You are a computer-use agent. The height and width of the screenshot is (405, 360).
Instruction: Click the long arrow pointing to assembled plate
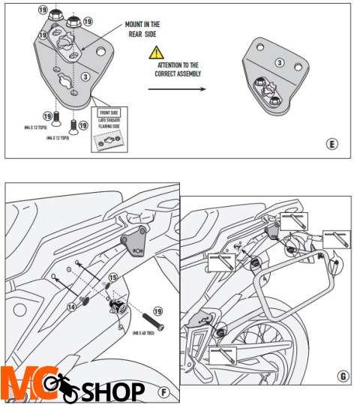pyautogui.click(x=176, y=88)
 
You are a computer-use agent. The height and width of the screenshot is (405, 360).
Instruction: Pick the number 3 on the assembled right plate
pyautogui.click(x=280, y=63)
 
